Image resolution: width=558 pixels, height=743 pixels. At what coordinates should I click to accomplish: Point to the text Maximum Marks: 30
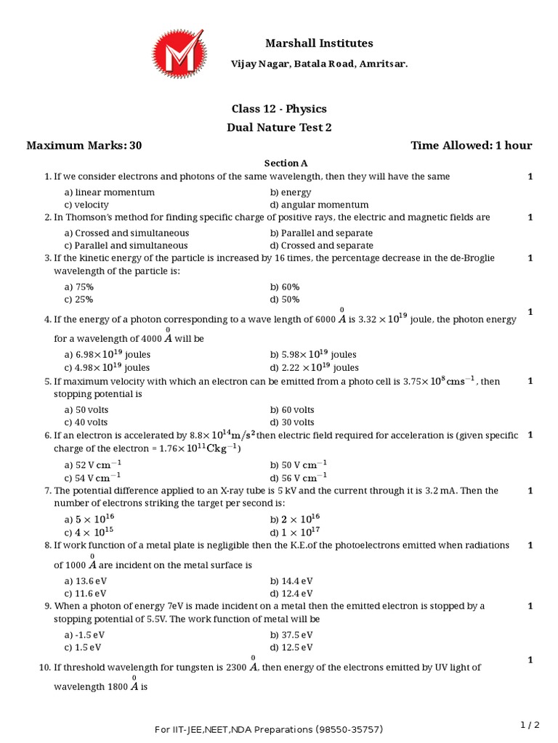click(84, 145)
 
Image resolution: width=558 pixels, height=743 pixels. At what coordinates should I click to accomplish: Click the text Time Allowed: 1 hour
click(471, 145)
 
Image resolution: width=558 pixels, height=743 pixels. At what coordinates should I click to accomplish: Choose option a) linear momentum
click(109, 192)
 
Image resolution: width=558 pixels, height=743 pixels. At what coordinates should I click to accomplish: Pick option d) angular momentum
click(319, 205)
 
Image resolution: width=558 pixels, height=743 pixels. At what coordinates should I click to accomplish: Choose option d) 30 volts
click(292, 422)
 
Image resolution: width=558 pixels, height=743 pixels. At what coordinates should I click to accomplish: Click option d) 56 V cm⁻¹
click(299, 477)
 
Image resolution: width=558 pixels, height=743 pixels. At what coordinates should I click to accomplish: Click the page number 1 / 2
click(530, 724)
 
